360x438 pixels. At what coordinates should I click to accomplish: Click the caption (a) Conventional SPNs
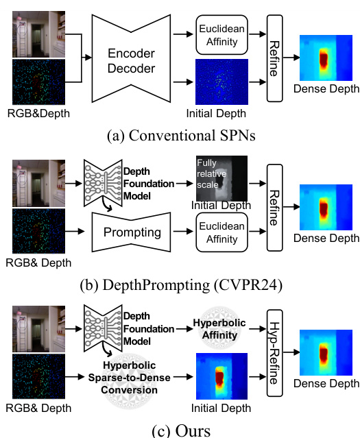pos(181,134)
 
